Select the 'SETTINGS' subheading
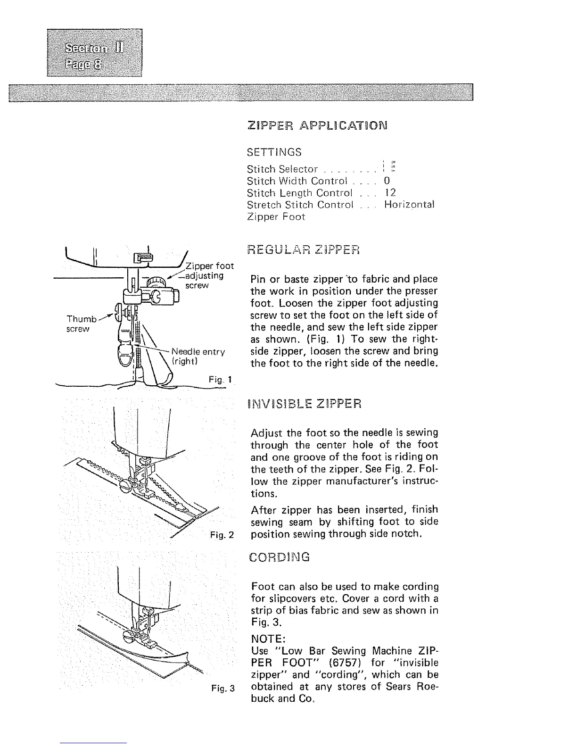pos(274,152)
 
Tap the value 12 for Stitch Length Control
pos(390,192)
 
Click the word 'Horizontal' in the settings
pos(409,205)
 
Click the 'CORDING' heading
pos(279,557)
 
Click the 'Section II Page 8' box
pos(94,52)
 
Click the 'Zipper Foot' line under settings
pos(276,217)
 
